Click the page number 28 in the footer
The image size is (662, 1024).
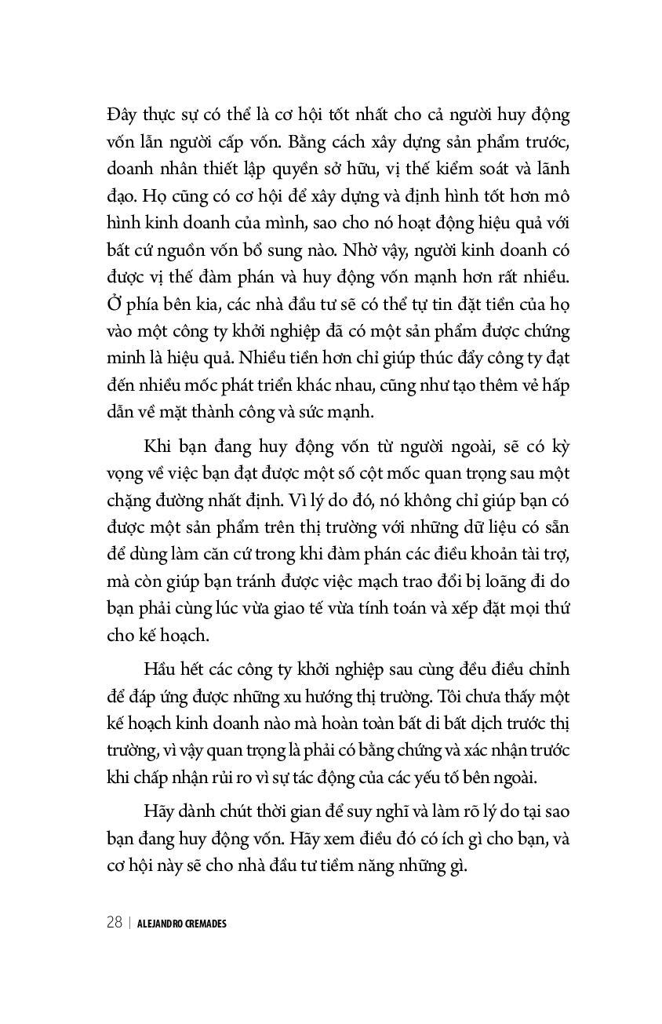pyautogui.click(x=115, y=923)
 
